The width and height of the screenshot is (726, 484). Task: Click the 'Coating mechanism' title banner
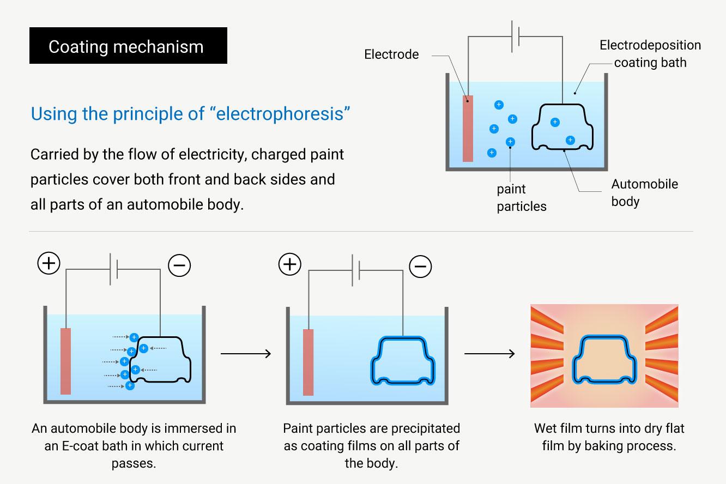click(128, 46)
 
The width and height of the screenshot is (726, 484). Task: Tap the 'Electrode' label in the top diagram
click(391, 55)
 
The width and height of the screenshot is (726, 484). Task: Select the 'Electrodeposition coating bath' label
click(650, 53)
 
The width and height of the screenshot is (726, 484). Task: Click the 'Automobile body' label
click(644, 192)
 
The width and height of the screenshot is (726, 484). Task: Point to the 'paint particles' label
click(521, 198)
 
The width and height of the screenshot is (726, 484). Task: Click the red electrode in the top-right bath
click(468, 128)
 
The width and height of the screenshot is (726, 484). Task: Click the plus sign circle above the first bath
click(49, 264)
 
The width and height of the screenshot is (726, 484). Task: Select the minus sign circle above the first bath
click(179, 265)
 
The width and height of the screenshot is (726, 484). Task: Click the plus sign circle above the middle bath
click(289, 265)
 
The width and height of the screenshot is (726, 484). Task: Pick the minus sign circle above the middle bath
click(420, 266)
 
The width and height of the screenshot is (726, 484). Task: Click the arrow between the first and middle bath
click(245, 354)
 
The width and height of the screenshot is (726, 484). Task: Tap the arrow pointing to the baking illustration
click(489, 354)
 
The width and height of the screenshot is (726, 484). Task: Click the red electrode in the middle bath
click(308, 362)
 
